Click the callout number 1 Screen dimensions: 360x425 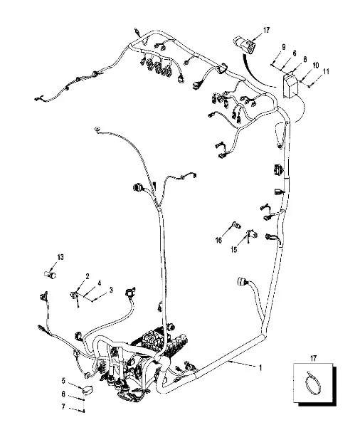(x=260, y=368)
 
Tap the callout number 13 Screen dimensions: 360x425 (x=60, y=257)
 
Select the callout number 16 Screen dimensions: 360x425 (x=218, y=240)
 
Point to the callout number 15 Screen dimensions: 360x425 (x=234, y=249)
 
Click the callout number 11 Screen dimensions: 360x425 (x=326, y=72)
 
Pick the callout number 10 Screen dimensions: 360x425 (x=316, y=65)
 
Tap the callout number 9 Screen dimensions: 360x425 (x=284, y=47)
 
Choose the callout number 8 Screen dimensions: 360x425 (x=305, y=59)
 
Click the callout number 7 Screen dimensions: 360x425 (x=63, y=406)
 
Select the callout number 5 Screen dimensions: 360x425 (x=63, y=381)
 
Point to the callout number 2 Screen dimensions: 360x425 (x=88, y=276)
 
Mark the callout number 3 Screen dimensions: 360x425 (x=111, y=290)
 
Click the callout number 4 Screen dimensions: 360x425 (x=100, y=283)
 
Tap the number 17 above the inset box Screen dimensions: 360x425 (x=313, y=358)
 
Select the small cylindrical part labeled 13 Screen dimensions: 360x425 (x=50, y=275)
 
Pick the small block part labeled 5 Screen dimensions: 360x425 (x=88, y=389)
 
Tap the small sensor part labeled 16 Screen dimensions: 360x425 (x=236, y=225)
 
